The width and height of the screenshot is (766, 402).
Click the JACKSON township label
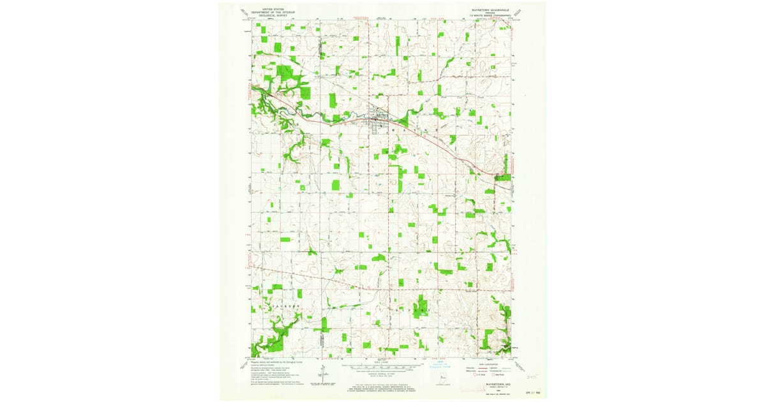(x=285, y=306)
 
